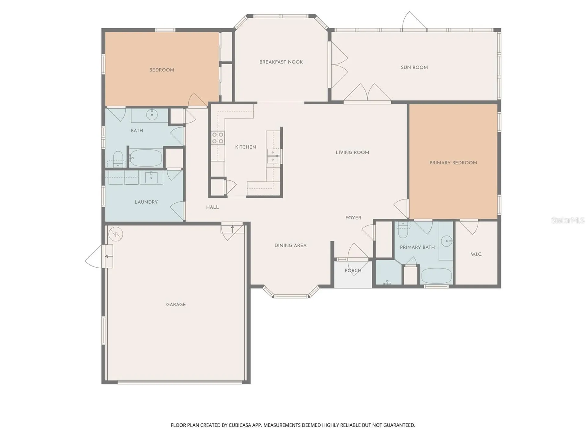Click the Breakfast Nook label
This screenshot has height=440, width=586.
coord(281,62)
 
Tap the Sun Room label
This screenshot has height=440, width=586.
coord(414,68)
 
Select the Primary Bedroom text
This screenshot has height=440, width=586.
coord(453,163)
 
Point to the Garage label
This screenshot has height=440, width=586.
coord(176,305)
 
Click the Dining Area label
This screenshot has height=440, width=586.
coord(290,245)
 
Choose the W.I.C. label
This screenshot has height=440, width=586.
coord(476,254)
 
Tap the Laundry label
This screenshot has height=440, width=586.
coord(146,202)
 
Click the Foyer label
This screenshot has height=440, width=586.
coord(353,218)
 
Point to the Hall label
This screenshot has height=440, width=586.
coord(212,207)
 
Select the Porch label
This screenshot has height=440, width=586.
coord(353,270)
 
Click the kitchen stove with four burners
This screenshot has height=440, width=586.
coord(218,138)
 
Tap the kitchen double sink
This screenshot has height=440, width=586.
coord(273,156)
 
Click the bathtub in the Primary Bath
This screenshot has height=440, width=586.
coord(436,276)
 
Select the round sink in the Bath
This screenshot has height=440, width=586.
coord(152,115)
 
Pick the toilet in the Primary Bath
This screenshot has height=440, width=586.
coord(403,229)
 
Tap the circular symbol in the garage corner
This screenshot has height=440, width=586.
coord(116,234)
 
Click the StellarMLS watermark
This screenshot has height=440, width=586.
coord(568,220)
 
